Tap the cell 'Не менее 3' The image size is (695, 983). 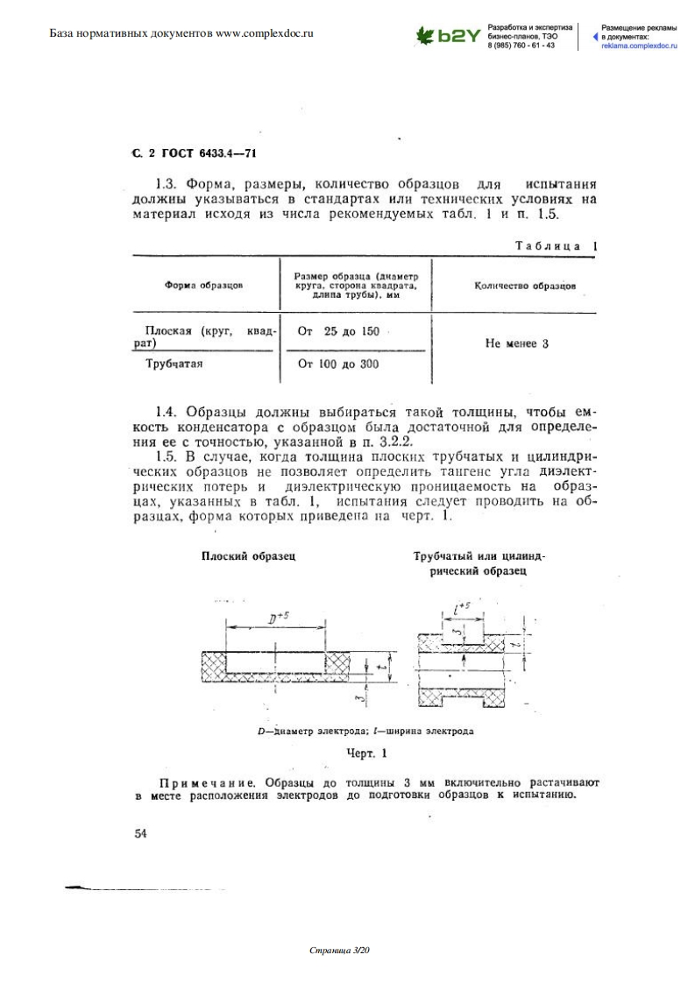[x=516, y=344]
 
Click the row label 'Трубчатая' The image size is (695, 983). [x=173, y=364]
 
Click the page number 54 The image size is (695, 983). [x=140, y=834]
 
